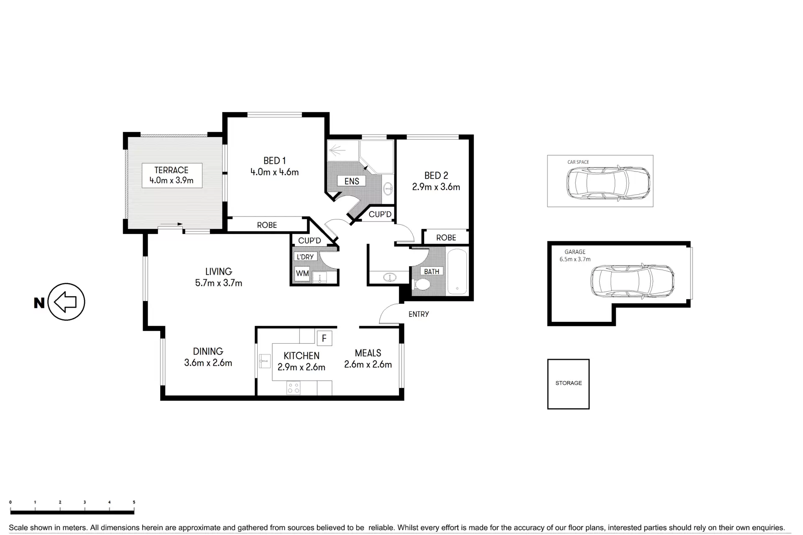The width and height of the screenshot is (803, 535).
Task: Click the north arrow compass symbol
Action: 66,302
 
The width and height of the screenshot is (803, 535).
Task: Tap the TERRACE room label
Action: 171,170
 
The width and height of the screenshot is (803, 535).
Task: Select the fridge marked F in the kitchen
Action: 324,338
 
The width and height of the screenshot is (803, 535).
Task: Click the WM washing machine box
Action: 302,274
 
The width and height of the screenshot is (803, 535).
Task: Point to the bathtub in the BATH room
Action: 457,272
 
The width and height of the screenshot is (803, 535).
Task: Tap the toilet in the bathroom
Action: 421,285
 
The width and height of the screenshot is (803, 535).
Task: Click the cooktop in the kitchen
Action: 294,388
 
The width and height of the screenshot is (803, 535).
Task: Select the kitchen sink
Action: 264,360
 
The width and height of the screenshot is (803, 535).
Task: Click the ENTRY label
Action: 419,314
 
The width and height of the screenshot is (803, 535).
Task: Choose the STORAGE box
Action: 568,384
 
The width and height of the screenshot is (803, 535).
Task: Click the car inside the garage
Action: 632,282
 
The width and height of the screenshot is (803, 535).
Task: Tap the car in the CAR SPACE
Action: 609,183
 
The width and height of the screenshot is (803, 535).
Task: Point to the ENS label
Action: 352,181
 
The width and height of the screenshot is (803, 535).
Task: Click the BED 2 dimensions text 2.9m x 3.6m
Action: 436,187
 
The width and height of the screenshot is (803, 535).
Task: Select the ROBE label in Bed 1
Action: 267,225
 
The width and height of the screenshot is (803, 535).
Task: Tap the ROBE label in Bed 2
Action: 446,238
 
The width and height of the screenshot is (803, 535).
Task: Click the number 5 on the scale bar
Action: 134,502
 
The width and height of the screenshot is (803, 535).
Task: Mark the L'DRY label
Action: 305,257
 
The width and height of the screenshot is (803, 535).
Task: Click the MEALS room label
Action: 368,353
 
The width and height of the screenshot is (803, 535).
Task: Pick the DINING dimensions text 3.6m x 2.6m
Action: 208,363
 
